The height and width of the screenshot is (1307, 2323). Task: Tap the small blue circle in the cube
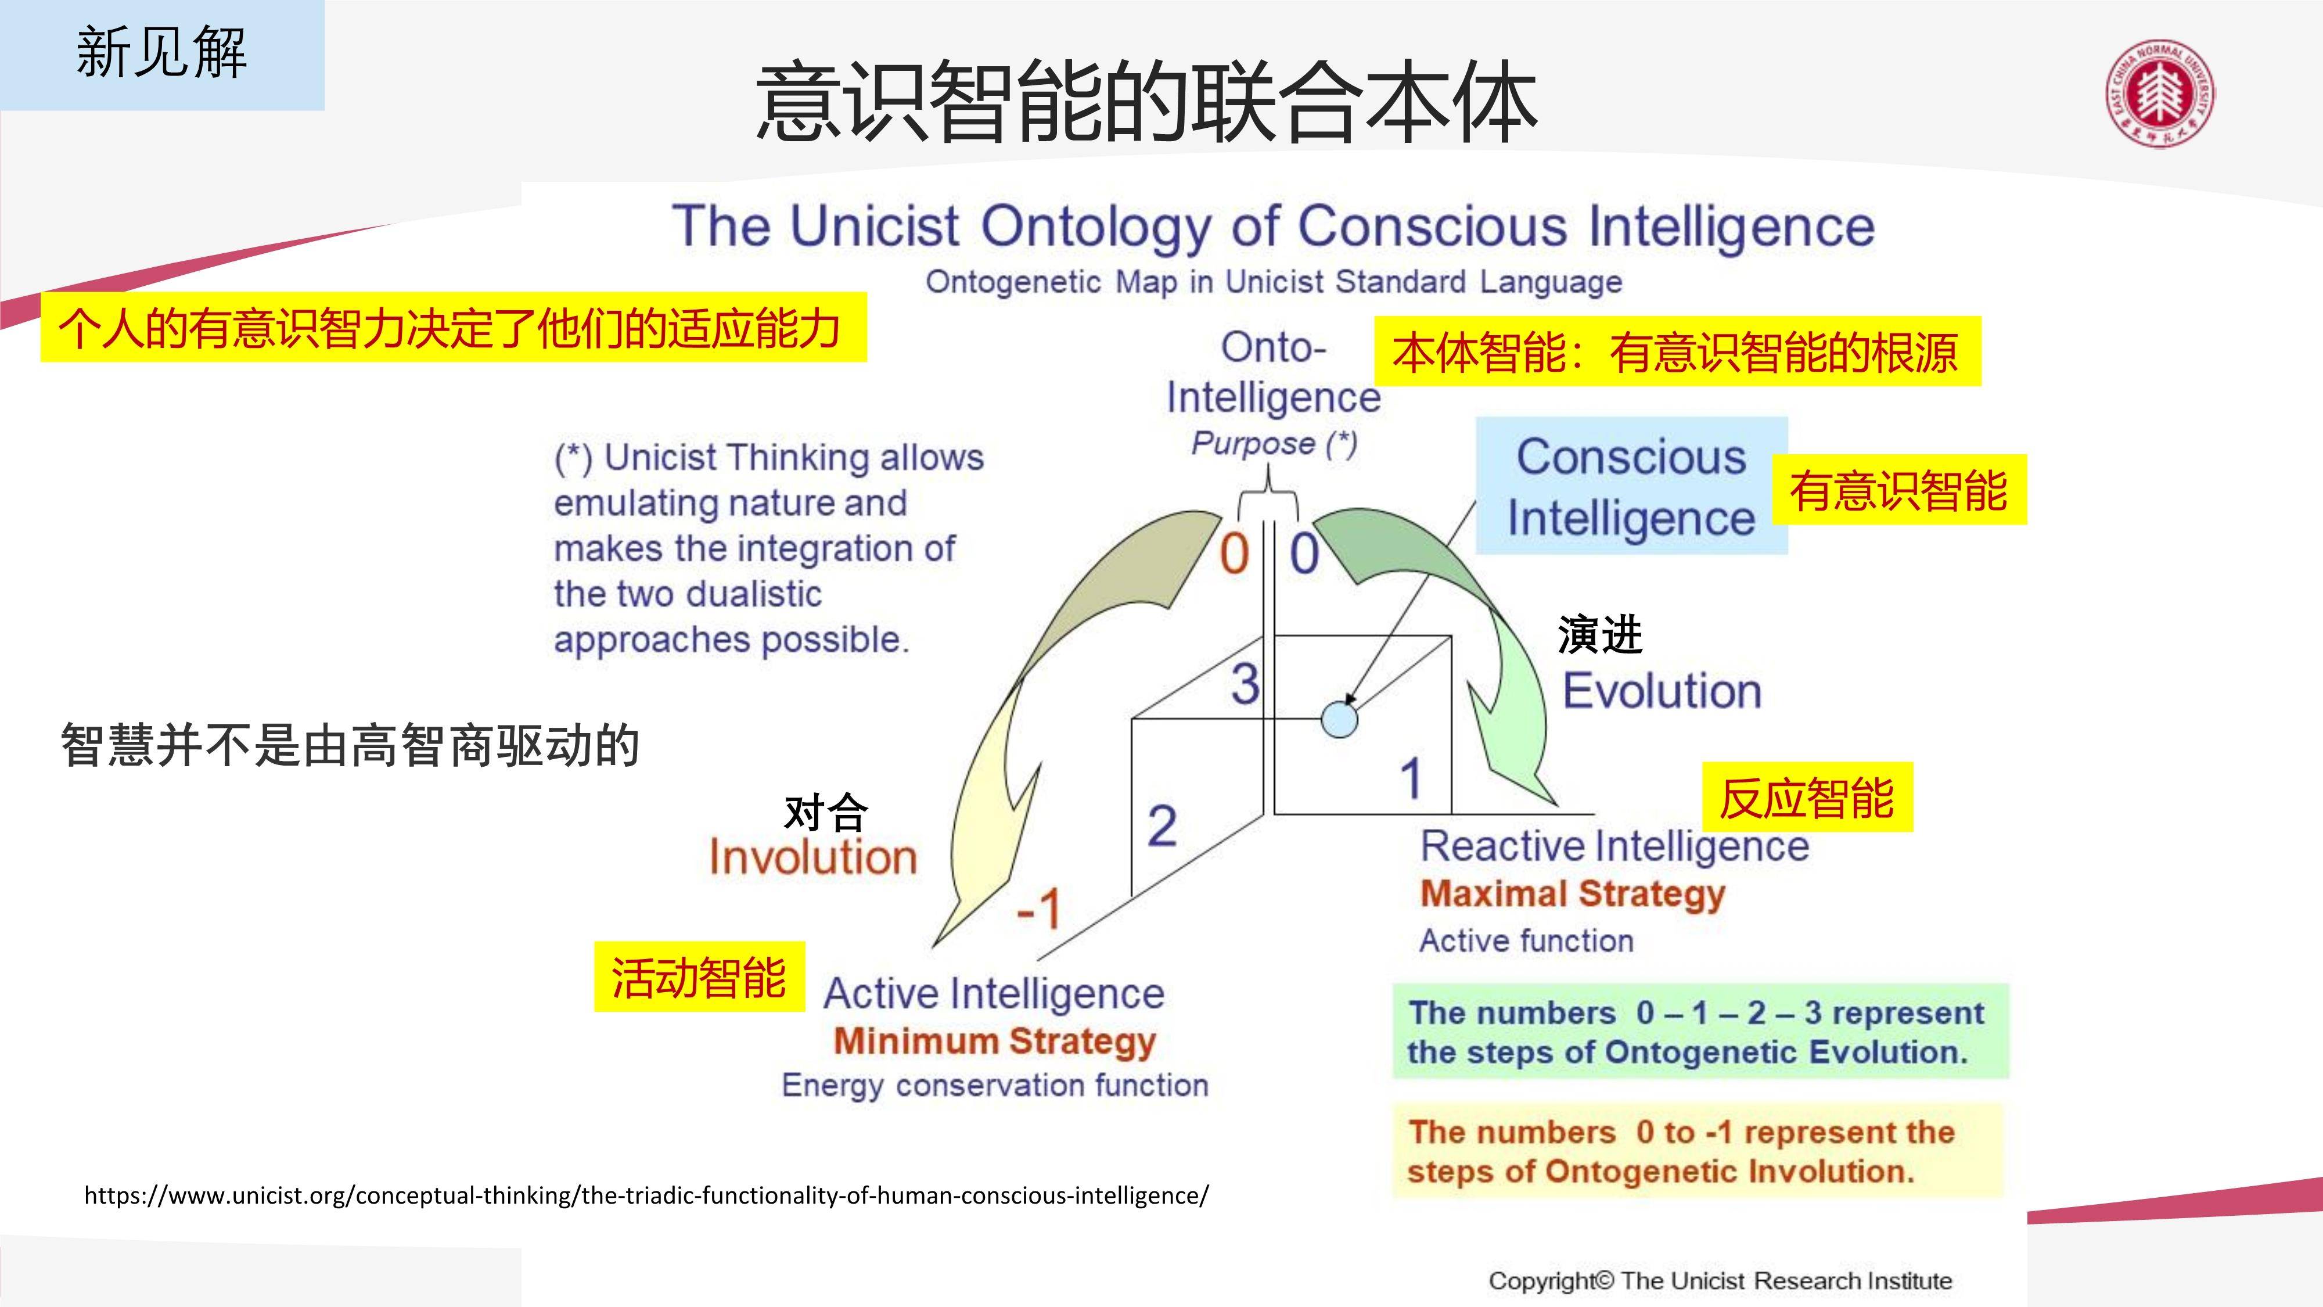1339,719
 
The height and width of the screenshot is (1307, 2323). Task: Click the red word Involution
812,856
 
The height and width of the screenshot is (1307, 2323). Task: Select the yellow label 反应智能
1807,798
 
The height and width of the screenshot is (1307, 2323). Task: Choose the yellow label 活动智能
699,977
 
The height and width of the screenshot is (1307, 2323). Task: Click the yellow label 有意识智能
1899,490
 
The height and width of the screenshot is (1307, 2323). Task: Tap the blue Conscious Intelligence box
1631,485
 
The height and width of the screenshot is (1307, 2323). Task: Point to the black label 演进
1600,634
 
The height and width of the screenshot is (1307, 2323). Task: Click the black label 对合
826,813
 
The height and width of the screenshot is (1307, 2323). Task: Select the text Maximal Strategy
1573,894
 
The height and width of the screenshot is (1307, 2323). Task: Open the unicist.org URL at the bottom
646,1195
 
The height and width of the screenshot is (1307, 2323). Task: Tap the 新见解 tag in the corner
163,53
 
